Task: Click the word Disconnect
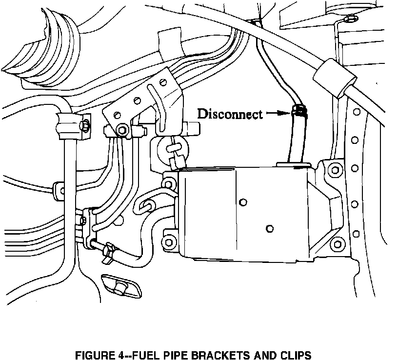(x=229, y=114)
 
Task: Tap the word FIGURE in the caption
(x=93, y=355)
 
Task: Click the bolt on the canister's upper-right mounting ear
(x=334, y=170)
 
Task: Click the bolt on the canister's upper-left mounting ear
(x=169, y=184)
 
